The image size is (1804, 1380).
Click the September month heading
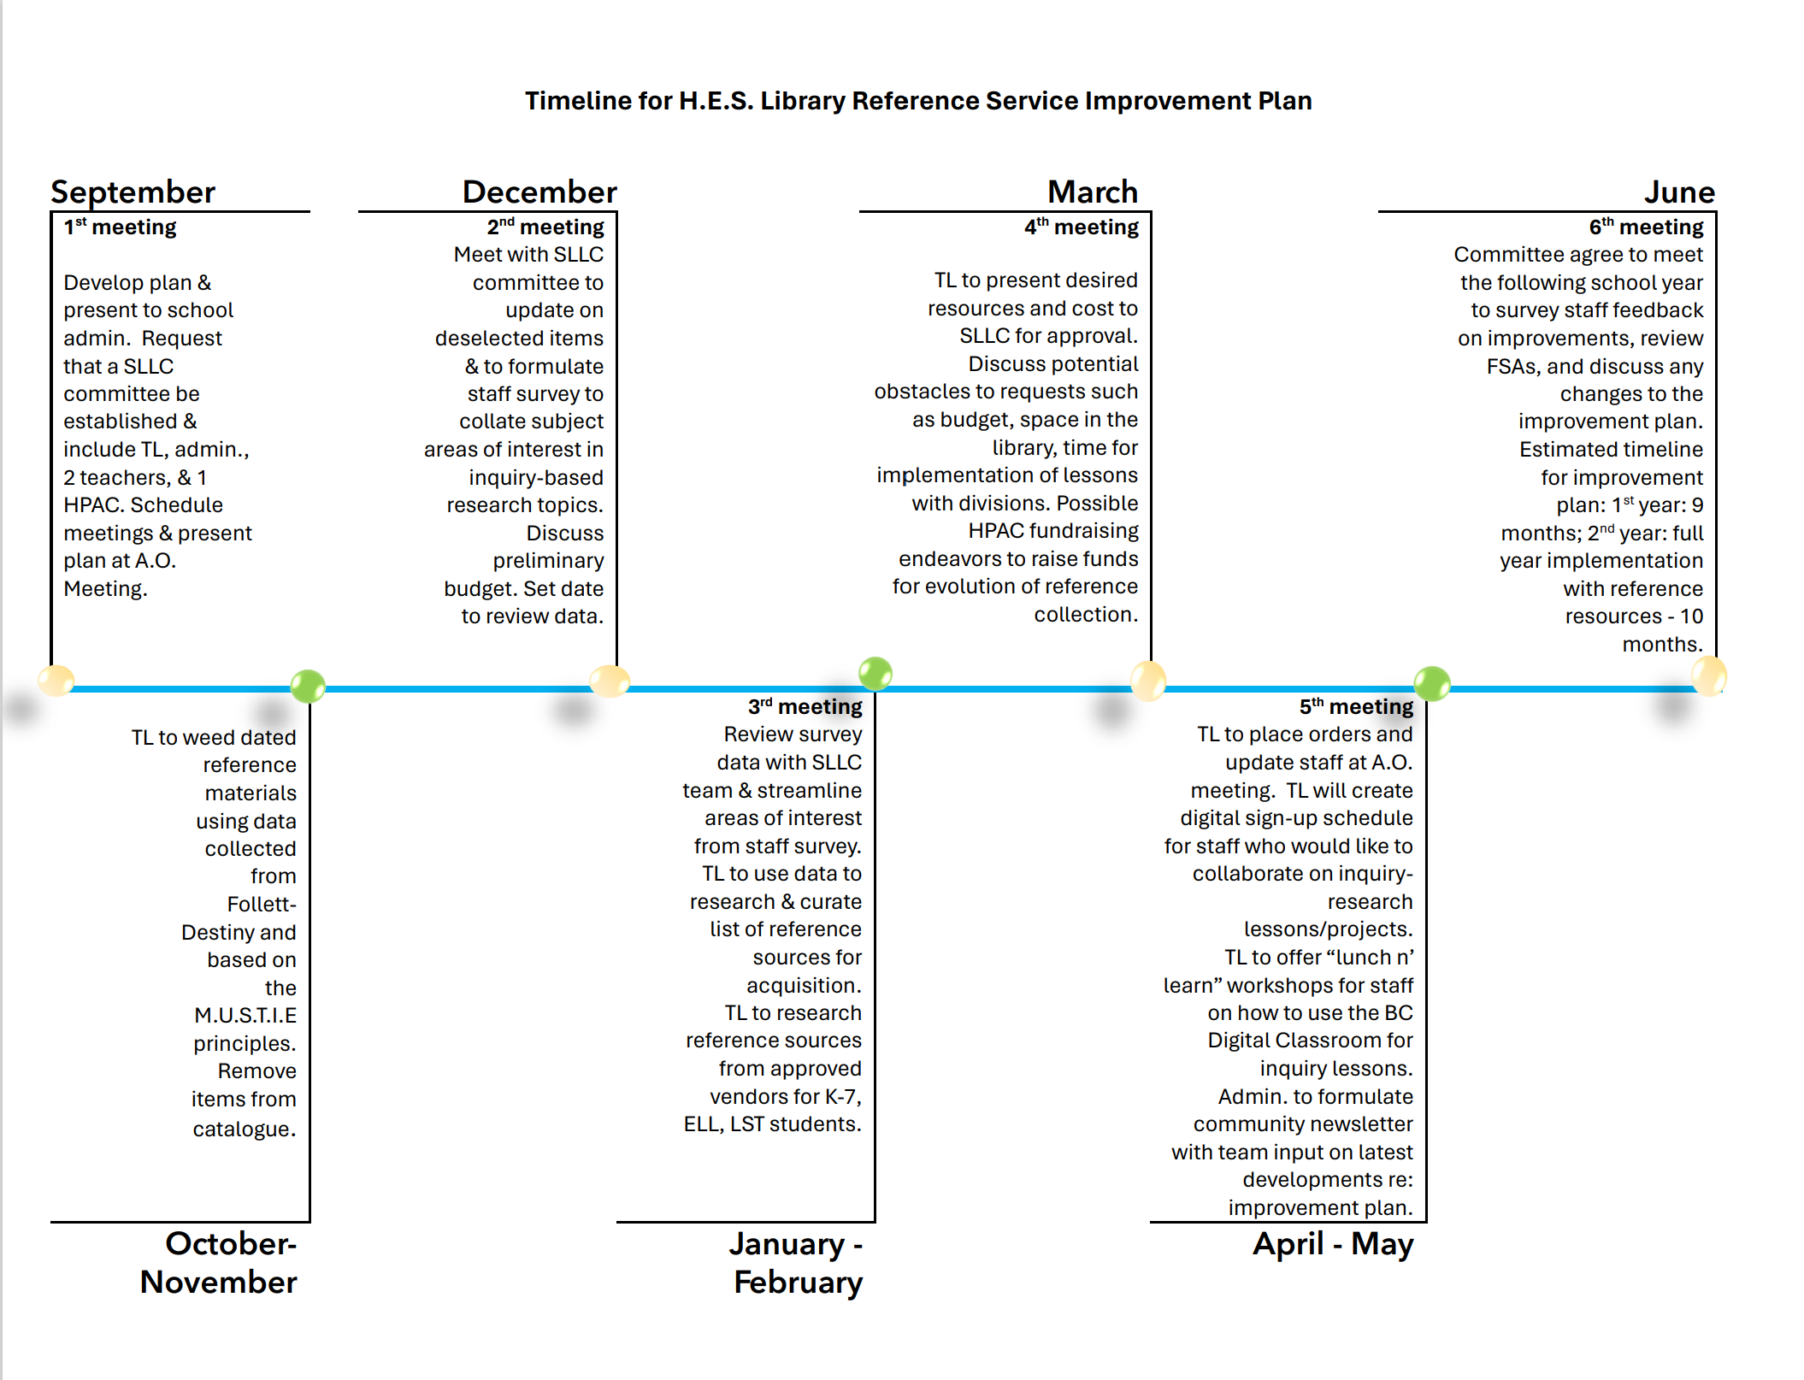tap(133, 192)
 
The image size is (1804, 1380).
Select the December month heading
tap(539, 192)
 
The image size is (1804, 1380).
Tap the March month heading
tap(1092, 192)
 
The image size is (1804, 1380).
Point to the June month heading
tap(1678, 192)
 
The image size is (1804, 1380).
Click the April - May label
tap(1332, 1244)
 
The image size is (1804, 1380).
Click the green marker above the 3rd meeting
tap(875, 674)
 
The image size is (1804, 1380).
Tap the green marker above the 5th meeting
tap(1431, 683)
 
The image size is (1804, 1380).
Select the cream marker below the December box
tap(610, 681)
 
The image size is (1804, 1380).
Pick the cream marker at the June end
tap(1709, 676)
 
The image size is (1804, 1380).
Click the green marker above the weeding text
tap(308, 686)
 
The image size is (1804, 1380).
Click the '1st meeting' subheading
tap(120, 227)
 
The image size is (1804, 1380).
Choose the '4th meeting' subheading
tap(1081, 227)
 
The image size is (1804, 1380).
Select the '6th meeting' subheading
tap(1646, 227)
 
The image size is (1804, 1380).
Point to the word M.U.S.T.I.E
tap(245, 1016)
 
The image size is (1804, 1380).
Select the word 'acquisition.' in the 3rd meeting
tap(804, 986)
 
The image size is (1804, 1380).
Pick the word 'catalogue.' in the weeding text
tap(244, 1129)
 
